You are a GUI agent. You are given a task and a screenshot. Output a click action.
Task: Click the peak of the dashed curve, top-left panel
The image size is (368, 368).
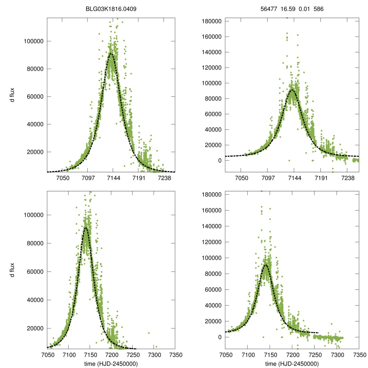click(111, 54)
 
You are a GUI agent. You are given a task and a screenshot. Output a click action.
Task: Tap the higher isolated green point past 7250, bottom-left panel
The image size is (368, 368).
click(148, 333)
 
